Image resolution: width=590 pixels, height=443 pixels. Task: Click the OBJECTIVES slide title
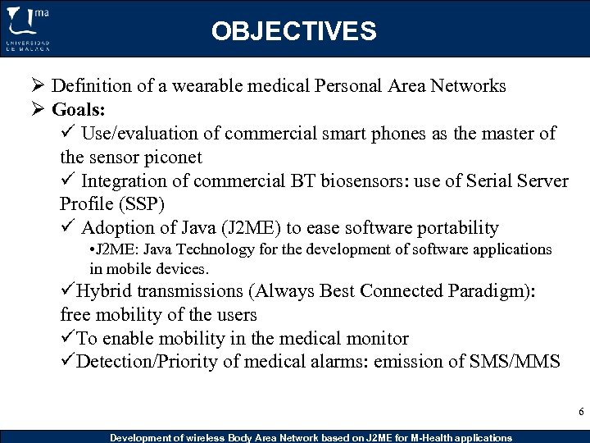tap(293, 31)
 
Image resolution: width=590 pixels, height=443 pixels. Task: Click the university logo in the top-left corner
tap(28, 29)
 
